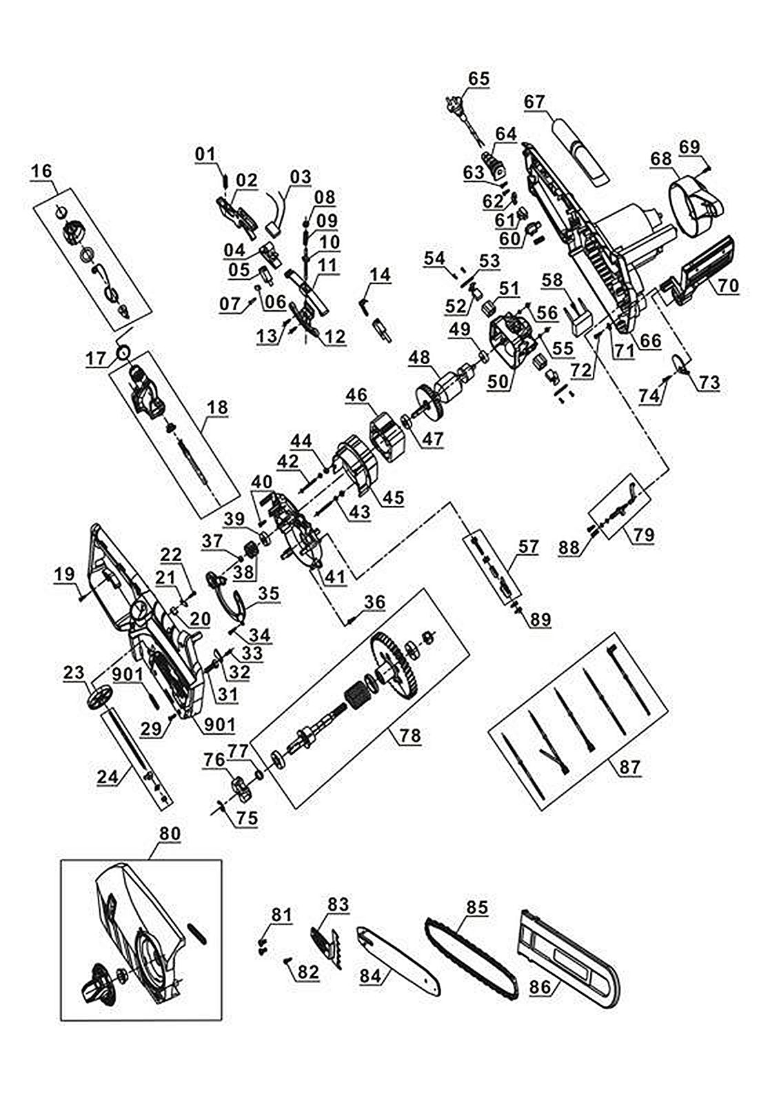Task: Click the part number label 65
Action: [478, 78]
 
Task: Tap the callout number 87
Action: [629, 766]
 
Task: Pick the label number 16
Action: [41, 170]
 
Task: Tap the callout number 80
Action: [169, 833]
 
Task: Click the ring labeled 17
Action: [124, 353]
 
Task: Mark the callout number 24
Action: [108, 776]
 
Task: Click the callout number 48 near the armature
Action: [419, 357]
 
